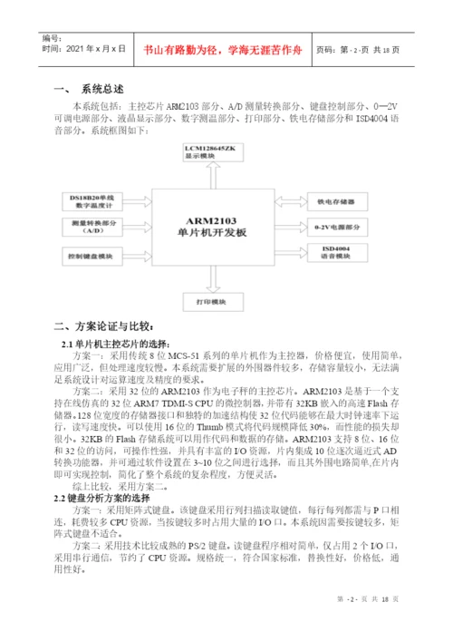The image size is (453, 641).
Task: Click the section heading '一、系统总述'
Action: click(x=88, y=91)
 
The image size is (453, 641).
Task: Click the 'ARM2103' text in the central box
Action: click(x=214, y=219)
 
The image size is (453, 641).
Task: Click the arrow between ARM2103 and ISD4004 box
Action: click(x=284, y=251)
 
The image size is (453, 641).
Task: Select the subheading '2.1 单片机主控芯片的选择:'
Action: click(x=122, y=344)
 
